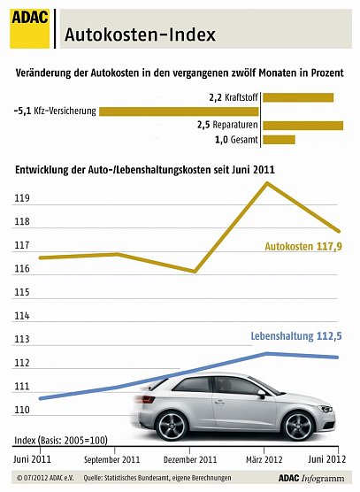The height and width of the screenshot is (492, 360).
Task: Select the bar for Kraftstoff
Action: click(x=298, y=96)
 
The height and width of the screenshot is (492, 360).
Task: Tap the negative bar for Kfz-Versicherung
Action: click(x=179, y=111)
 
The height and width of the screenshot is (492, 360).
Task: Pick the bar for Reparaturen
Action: click(x=303, y=126)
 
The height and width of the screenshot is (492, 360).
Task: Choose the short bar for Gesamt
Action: click(x=279, y=140)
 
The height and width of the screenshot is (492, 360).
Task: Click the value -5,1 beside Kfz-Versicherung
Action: click(x=24, y=111)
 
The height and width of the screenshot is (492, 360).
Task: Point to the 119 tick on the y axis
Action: click(x=22, y=200)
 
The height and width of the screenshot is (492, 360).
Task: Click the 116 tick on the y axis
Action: click(x=22, y=269)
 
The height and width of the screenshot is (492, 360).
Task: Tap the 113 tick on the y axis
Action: click(x=22, y=340)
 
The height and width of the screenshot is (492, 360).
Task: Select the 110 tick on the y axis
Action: click(x=22, y=411)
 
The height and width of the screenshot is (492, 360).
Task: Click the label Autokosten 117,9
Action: click(x=303, y=247)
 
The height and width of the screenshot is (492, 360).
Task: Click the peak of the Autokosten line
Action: click(x=268, y=183)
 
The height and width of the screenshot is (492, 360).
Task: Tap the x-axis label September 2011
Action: click(x=111, y=460)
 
